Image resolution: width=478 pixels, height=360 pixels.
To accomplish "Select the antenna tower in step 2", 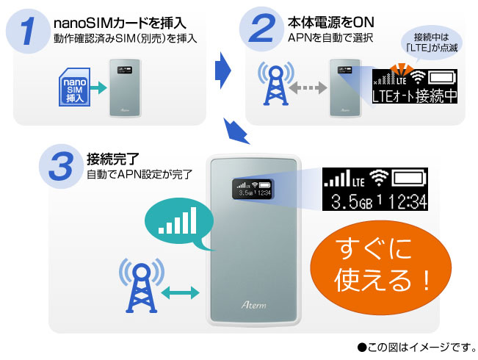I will [275, 85].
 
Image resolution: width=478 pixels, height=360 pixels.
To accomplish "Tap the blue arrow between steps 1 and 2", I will [222, 70].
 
